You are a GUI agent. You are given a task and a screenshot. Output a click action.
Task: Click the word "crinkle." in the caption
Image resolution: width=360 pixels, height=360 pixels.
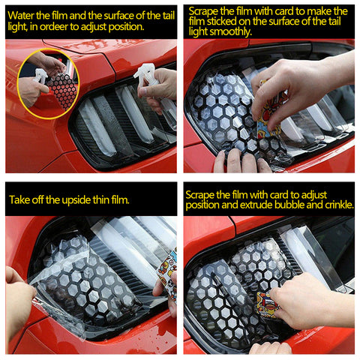[x=339, y=205]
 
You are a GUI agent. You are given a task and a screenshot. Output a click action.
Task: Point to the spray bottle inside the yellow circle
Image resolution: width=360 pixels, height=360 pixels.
[x=40, y=76]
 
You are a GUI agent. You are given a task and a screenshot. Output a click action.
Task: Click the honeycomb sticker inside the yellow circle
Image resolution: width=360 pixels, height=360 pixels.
[x=63, y=91]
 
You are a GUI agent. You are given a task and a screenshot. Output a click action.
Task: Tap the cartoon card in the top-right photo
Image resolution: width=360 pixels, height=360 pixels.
[x=271, y=111]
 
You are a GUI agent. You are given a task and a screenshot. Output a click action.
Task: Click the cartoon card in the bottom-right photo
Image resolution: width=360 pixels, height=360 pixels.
[x=267, y=305]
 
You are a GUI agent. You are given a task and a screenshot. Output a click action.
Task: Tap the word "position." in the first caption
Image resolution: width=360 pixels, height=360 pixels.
[x=127, y=26]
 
